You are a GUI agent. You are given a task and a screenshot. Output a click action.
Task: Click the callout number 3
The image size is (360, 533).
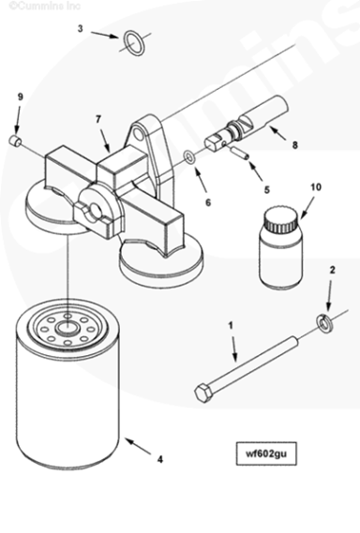[x=81, y=28]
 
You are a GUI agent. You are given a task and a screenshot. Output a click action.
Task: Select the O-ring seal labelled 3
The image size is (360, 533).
[x=134, y=43]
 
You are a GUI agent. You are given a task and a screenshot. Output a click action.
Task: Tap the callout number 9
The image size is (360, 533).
[x=21, y=96]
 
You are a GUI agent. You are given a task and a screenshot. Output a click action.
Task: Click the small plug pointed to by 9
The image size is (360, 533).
[x=15, y=141]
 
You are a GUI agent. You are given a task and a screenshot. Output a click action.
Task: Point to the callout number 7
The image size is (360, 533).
[x=98, y=119]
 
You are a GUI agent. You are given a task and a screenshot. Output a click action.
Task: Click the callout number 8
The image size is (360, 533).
[x=295, y=145]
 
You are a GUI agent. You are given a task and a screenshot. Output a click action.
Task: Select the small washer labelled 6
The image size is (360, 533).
[x=188, y=157]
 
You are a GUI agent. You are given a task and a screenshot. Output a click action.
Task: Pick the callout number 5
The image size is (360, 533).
[x=267, y=189]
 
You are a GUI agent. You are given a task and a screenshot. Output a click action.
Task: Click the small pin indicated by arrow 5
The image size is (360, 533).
[x=241, y=152]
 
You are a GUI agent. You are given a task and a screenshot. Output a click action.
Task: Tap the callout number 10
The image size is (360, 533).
[x=316, y=187]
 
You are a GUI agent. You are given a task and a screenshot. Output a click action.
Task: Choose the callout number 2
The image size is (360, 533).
[x=333, y=270]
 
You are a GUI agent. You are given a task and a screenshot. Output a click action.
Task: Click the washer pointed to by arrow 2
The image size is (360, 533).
[x=324, y=323]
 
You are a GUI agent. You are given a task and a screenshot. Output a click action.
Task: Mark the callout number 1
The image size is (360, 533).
[x=231, y=326]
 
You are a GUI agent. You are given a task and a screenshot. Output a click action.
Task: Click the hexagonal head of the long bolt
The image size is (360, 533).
[x=204, y=392]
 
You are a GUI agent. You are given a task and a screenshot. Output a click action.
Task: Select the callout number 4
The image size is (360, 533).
[x=160, y=460]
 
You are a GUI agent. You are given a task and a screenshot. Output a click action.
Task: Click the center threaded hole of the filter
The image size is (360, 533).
[x=68, y=328]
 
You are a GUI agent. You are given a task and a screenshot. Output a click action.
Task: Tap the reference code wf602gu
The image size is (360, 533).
[x=266, y=453]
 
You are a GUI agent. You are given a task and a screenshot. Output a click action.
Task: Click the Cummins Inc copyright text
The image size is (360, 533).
[x=44, y=6]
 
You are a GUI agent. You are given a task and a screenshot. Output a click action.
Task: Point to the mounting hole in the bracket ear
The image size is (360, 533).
[x=138, y=133]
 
